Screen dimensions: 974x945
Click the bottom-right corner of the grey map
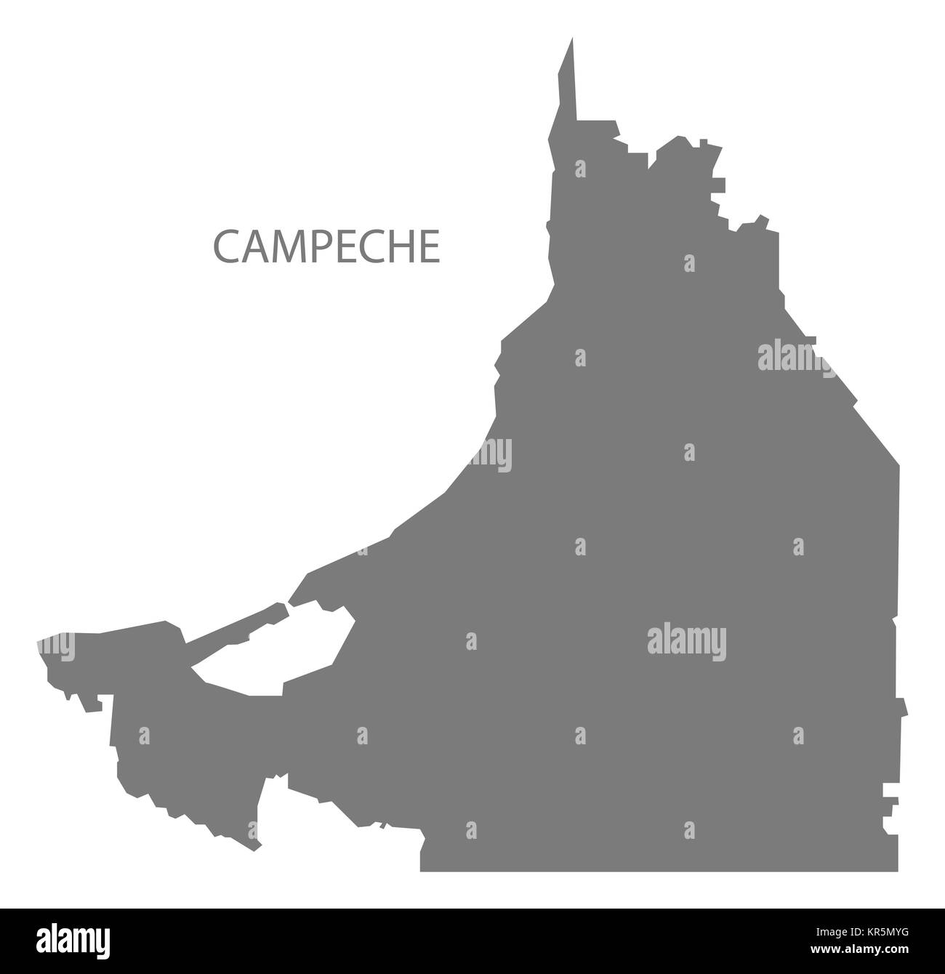898,869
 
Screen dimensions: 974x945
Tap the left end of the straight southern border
422,869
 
